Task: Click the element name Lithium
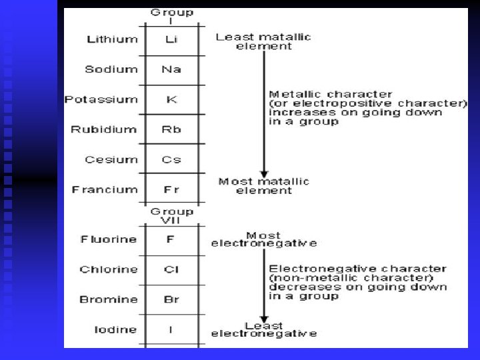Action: (x=112, y=39)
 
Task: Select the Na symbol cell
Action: (x=172, y=69)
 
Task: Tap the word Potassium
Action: (x=101, y=99)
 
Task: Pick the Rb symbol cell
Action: (x=172, y=129)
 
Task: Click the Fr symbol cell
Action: (x=172, y=189)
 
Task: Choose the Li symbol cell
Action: (x=172, y=39)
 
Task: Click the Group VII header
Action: (x=172, y=216)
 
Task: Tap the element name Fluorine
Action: (x=109, y=239)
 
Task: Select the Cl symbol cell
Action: (x=172, y=269)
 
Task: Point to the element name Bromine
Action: (x=108, y=299)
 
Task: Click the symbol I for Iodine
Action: (x=172, y=329)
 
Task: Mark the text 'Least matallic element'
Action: (x=263, y=41)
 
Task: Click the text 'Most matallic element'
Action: (x=264, y=185)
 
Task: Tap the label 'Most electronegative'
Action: (x=264, y=239)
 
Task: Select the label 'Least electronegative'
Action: (x=264, y=329)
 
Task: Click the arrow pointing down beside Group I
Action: (x=264, y=113)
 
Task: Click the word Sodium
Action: (x=111, y=69)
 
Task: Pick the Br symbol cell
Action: (x=172, y=299)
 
